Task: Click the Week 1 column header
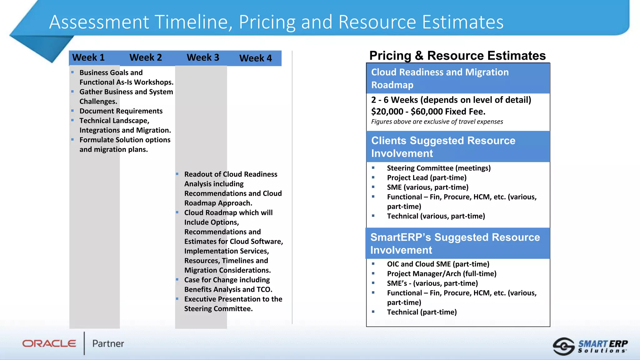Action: click(x=88, y=57)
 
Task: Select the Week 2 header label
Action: click(x=146, y=57)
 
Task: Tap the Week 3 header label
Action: click(x=203, y=57)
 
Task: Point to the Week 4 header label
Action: click(x=256, y=58)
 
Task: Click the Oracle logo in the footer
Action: click(x=49, y=343)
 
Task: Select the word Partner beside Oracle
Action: click(x=108, y=343)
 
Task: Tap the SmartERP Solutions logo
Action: click(x=590, y=346)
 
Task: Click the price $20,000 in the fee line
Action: click(x=387, y=112)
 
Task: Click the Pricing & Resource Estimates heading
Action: click(x=457, y=56)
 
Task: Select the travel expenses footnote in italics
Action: click(x=437, y=122)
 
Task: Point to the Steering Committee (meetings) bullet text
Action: click(x=439, y=168)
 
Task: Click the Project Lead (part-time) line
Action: click(x=427, y=178)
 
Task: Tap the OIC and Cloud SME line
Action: click(x=438, y=264)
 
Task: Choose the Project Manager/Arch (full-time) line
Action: click(x=442, y=274)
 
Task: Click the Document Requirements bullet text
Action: click(x=121, y=111)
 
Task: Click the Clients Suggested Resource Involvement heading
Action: click(x=443, y=147)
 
